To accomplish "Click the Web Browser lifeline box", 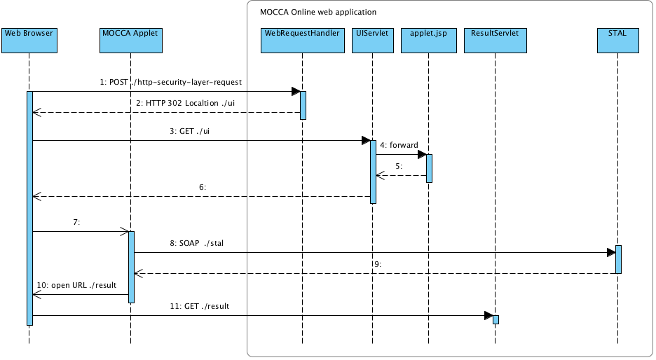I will [29, 41].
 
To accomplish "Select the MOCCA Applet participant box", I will [130, 41].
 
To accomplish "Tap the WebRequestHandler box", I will [302, 41].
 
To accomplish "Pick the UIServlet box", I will [372, 41].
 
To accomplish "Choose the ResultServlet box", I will [495, 41].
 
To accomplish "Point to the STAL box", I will [617, 41].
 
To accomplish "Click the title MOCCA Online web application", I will [318, 12].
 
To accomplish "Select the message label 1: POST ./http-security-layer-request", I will [170, 82].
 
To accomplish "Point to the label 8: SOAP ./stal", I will [196, 243].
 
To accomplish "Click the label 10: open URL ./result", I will [79, 285].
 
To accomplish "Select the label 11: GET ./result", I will [199, 306].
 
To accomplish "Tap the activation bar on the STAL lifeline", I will [618, 259].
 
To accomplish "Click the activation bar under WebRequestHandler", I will [303, 104].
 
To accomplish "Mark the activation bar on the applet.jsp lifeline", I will [429, 168].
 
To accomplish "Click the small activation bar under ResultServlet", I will [496, 319].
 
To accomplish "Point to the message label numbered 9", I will [376, 264].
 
